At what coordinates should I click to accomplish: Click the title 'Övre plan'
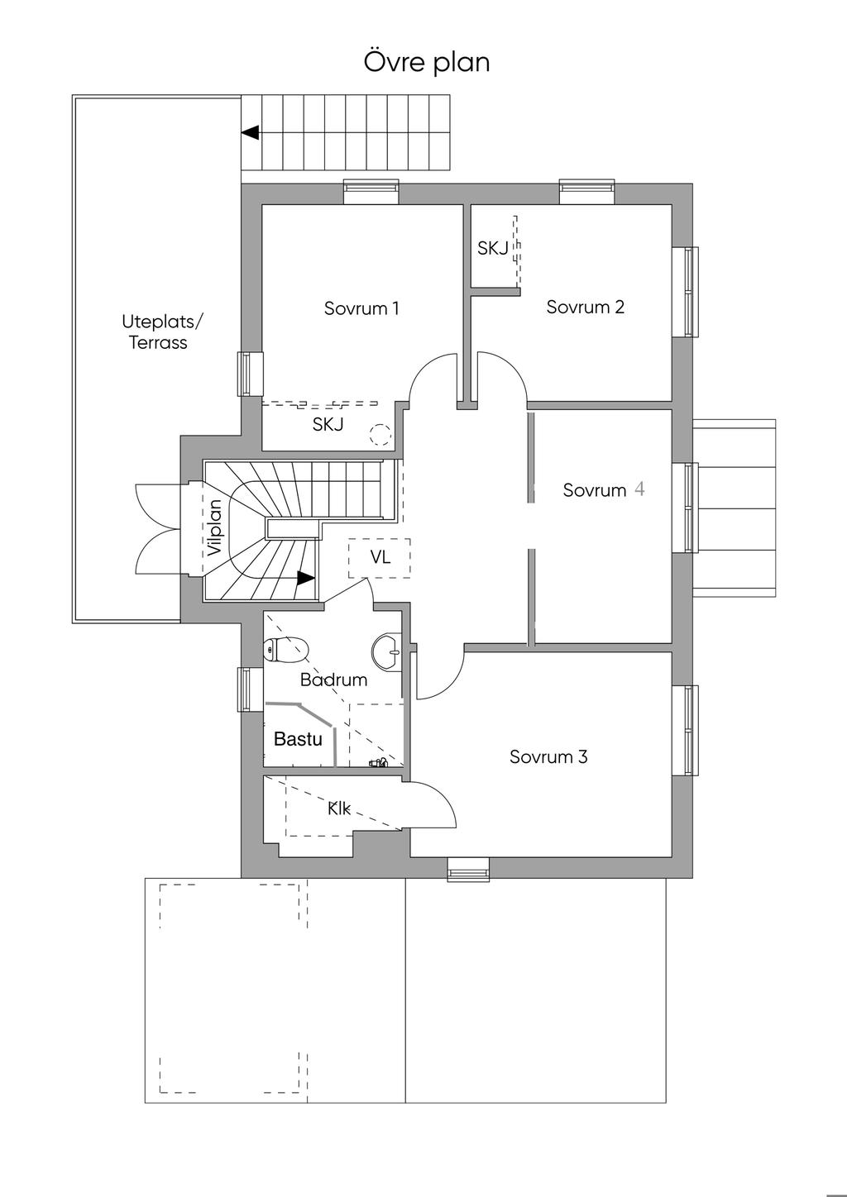click(427, 62)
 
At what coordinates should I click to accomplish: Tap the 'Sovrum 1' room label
click(361, 308)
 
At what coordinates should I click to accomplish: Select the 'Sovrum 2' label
click(585, 307)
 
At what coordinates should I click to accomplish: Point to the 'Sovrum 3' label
click(548, 756)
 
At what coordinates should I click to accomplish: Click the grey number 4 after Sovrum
click(639, 489)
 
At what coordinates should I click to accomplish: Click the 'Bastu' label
click(298, 739)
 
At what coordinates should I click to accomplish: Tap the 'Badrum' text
click(333, 680)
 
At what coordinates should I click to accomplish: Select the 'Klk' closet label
click(339, 809)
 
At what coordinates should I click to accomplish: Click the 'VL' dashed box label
click(380, 557)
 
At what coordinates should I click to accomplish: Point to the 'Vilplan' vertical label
click(215, 527)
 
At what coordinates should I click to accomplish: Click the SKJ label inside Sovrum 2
click(492, 248)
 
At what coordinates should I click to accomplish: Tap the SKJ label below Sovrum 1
click(328, 424)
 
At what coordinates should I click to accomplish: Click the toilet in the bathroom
click(287, 650)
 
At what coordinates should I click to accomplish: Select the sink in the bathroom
click(386, 651)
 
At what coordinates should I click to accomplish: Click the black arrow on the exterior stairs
click(251, 132)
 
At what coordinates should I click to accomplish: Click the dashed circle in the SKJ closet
click(380, 435)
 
